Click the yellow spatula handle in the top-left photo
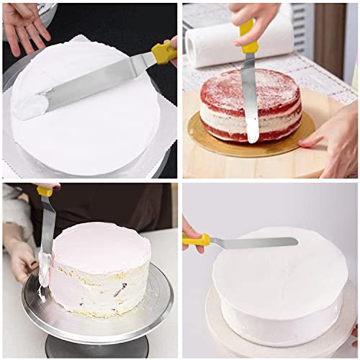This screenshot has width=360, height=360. tap(163, 53)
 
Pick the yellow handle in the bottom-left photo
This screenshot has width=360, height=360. tap(45, 192)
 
